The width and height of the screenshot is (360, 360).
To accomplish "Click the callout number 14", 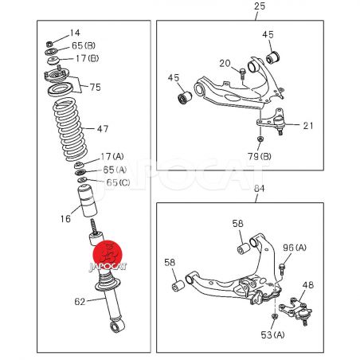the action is [75, 33].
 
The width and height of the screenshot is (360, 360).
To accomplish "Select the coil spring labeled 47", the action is [70, 130].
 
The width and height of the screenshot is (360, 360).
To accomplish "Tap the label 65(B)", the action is [84, 45].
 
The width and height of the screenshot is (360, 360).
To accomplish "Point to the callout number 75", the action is [95, 88].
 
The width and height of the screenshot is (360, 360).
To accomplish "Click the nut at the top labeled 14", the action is [49, 44].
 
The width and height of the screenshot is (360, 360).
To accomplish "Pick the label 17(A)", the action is [112, 157].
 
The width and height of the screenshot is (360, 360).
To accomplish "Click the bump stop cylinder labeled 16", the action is [88, 201].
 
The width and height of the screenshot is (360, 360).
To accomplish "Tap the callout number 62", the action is [80, 302].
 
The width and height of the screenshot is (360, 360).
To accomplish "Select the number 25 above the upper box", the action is [260, 6].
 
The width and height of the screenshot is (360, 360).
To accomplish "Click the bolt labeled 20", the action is [242, 73].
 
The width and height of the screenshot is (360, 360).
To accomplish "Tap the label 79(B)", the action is [260, 156].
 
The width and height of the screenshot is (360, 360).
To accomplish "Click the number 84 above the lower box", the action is [259, 188].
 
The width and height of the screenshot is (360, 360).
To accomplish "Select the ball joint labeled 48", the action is [295, 311].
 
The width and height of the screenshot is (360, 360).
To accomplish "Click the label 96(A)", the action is [295, 248].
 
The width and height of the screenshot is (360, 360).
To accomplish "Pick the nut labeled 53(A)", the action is [275, 316].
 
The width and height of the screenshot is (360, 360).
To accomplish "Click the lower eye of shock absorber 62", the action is [117, 326].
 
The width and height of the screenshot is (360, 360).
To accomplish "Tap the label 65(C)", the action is [118, 182].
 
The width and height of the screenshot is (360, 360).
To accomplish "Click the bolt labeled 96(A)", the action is [282, 269].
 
